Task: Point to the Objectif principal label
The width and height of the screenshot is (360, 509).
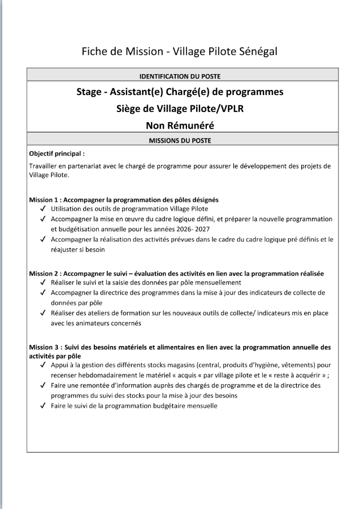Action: coord(57,153)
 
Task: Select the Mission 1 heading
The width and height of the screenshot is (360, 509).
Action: coord(124,200)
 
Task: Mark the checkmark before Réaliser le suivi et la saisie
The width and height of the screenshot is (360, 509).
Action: coord(44,282)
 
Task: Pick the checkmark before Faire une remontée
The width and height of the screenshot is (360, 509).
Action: coord(44,385)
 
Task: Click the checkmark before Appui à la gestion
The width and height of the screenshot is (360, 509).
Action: coord(44,365)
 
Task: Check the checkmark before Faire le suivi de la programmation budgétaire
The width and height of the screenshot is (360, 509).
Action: coord(44,406)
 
